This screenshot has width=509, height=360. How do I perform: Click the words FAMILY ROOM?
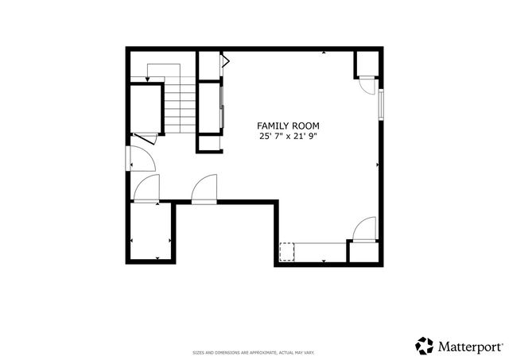point(289,126)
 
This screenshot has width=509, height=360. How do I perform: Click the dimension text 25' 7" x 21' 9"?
point(289,137)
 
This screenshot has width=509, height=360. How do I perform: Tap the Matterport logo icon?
point(425,346)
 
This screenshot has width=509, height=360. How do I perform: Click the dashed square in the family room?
point(287,251)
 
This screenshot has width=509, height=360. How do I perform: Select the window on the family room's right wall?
point(381,104)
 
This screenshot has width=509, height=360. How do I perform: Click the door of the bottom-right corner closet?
point(363,230)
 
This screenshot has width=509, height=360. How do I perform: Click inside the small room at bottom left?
point(150,232)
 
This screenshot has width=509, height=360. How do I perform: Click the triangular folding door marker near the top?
point(226,60)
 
